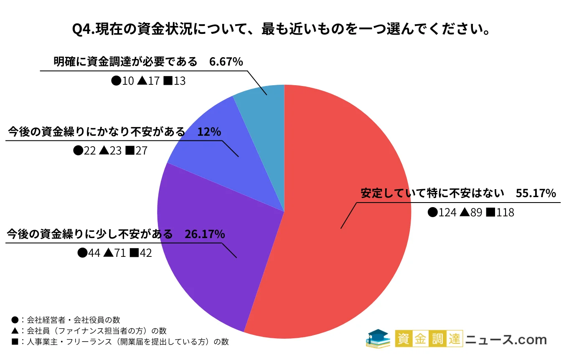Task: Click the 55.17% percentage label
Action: click(x=536, y=194)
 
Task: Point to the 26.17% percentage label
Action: click(x=205, y=235)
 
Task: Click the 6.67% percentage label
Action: click(x=226, y=62)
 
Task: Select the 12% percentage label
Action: click(x=209, y=132)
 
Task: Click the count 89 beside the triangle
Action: click(x=477, y=213)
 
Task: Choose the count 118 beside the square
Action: click(x=505, y=213)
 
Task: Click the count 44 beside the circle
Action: click(x=94, y=253)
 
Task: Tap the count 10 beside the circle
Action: click(x=128, y=81)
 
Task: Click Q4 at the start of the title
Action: click(x=80, y=30)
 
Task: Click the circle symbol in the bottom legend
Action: click(x=15, y=320)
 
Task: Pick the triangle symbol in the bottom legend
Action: click(x=15, y=331)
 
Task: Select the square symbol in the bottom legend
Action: click(x=15, y=342)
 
